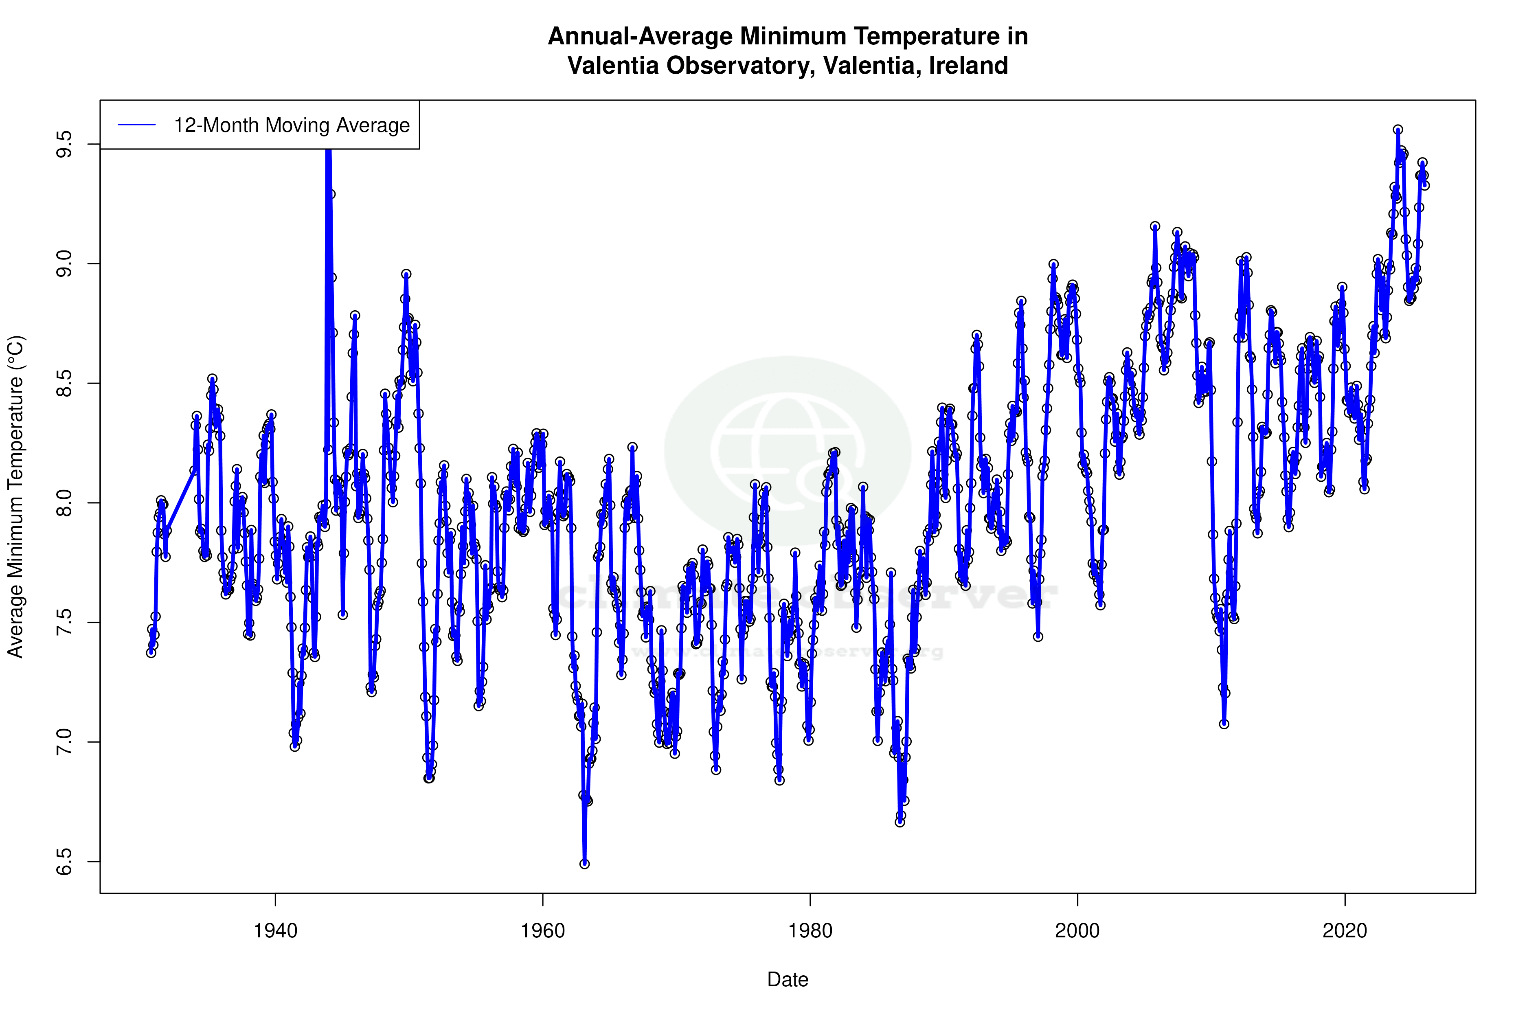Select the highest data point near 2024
click(1398, 130)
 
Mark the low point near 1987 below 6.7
click(900, 822)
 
